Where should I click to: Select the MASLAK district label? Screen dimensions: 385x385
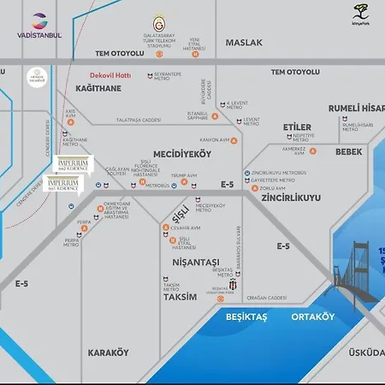(243, 42)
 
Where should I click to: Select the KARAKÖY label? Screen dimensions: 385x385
(108, 352)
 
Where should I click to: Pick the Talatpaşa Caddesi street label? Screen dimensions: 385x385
(139, 121)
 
